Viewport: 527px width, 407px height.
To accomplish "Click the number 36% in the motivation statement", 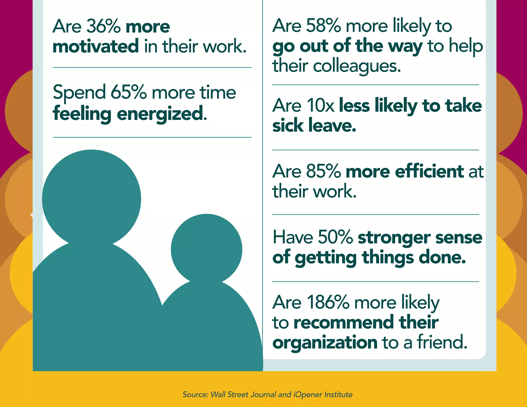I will [103, 26].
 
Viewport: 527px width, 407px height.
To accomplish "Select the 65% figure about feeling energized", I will [128, 92].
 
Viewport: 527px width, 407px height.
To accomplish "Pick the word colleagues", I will [356, 66].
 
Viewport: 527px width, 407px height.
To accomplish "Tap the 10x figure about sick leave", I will [320, 105].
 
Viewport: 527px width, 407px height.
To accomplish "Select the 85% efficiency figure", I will [323, 171].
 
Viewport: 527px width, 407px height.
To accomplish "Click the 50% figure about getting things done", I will [335, 237].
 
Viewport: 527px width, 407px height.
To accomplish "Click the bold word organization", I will [325, 342].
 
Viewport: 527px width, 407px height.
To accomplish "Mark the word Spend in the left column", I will [79, 93].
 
